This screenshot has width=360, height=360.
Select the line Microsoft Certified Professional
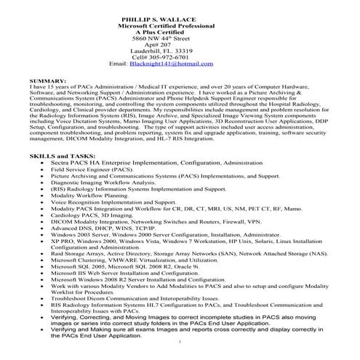click(x=178, y=17)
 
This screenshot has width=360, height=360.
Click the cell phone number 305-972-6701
click(x=192, y=57)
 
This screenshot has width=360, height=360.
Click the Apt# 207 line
click(x=178, y=41)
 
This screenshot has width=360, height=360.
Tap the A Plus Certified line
click(x=178, y=25)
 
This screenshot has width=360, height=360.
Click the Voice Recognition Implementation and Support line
click(x=113, y=204)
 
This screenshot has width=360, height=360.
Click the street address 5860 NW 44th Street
click(x=178, y=33)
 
